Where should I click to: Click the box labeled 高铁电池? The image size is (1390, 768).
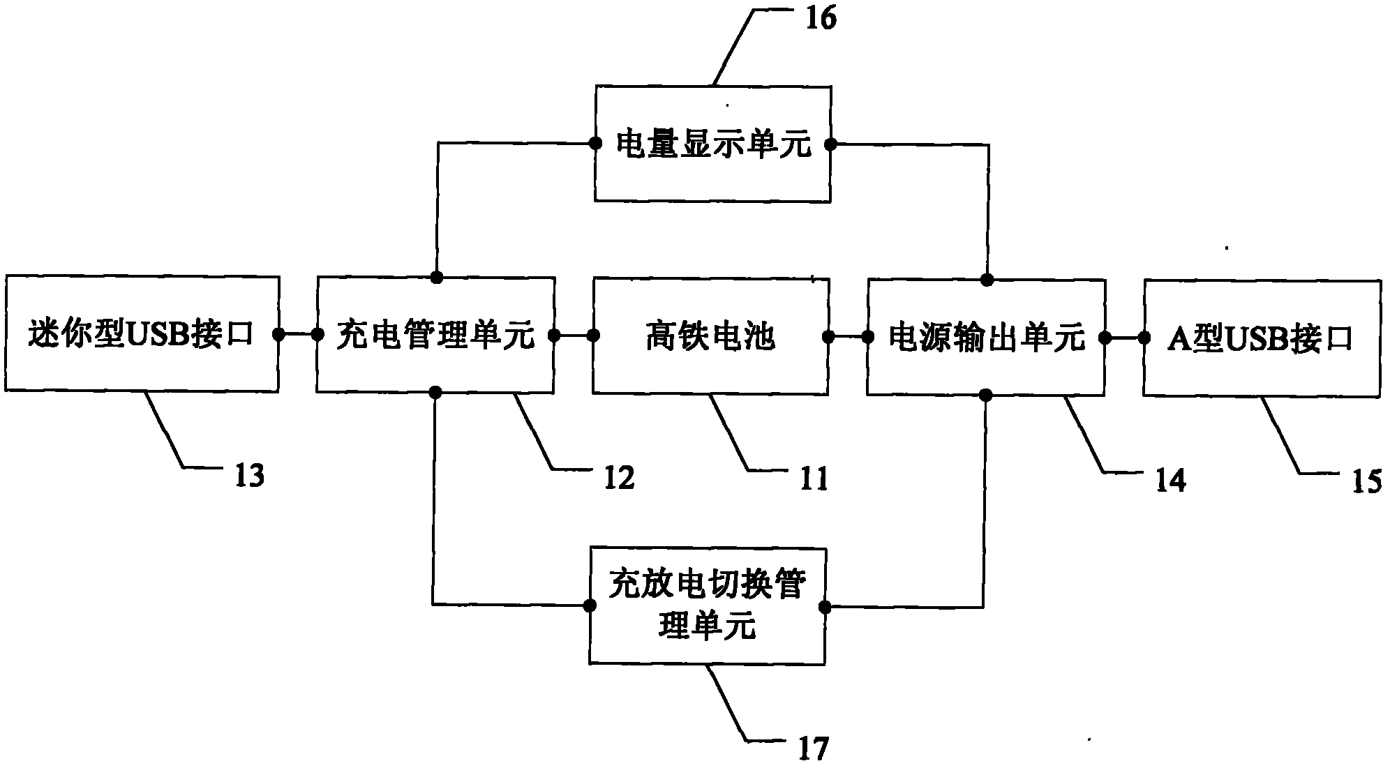coord(710,336)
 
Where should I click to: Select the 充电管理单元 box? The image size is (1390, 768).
coord(435,335)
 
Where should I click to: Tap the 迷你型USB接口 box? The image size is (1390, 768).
coord(142,334)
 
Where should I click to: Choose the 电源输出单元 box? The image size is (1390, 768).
coord(985,337)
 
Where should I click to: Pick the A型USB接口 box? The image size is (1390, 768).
coord(1262,338)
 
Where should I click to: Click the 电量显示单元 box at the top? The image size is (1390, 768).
coord(712,144)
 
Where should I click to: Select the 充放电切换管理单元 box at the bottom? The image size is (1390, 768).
coord(707,605)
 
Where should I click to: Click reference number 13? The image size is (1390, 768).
coord(249,476)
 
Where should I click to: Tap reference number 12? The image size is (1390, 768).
coord(618,478)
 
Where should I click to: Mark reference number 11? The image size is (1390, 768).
coord(813,479)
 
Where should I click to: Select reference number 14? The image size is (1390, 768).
coord(1169,481)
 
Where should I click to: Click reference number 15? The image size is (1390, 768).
coord(1366,482)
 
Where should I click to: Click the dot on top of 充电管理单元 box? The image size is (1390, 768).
coord(436,278)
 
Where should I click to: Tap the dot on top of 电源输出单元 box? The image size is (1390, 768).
coord(987,280)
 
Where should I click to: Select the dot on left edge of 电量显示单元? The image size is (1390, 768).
coord(595,144)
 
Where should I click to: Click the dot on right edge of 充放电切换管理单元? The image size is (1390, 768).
coord(825,606)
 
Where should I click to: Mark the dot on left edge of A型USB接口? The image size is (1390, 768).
coord(1144,338)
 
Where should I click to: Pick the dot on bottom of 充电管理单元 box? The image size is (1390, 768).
coord(435,391)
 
